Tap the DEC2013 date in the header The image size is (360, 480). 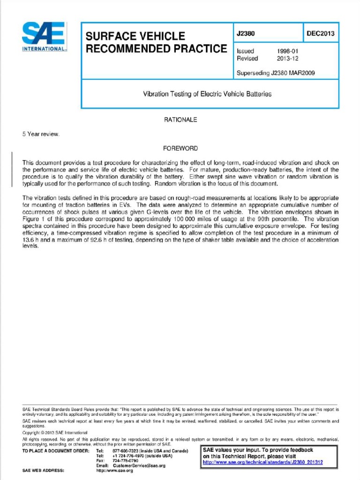pos(321,33)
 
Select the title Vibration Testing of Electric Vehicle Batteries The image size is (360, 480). pos(207,94)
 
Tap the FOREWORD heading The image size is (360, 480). pos(180,148)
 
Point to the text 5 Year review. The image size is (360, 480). pos(41,134)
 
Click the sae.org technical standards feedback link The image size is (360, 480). pos(262,462)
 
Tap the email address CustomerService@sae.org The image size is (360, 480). pos(139,465)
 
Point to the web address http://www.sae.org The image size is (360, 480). pos(115,471)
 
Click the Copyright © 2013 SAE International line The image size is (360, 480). pos(55,432)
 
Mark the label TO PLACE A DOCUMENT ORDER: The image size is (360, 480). pos(55,450)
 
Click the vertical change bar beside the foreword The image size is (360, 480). pos(12,170)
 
